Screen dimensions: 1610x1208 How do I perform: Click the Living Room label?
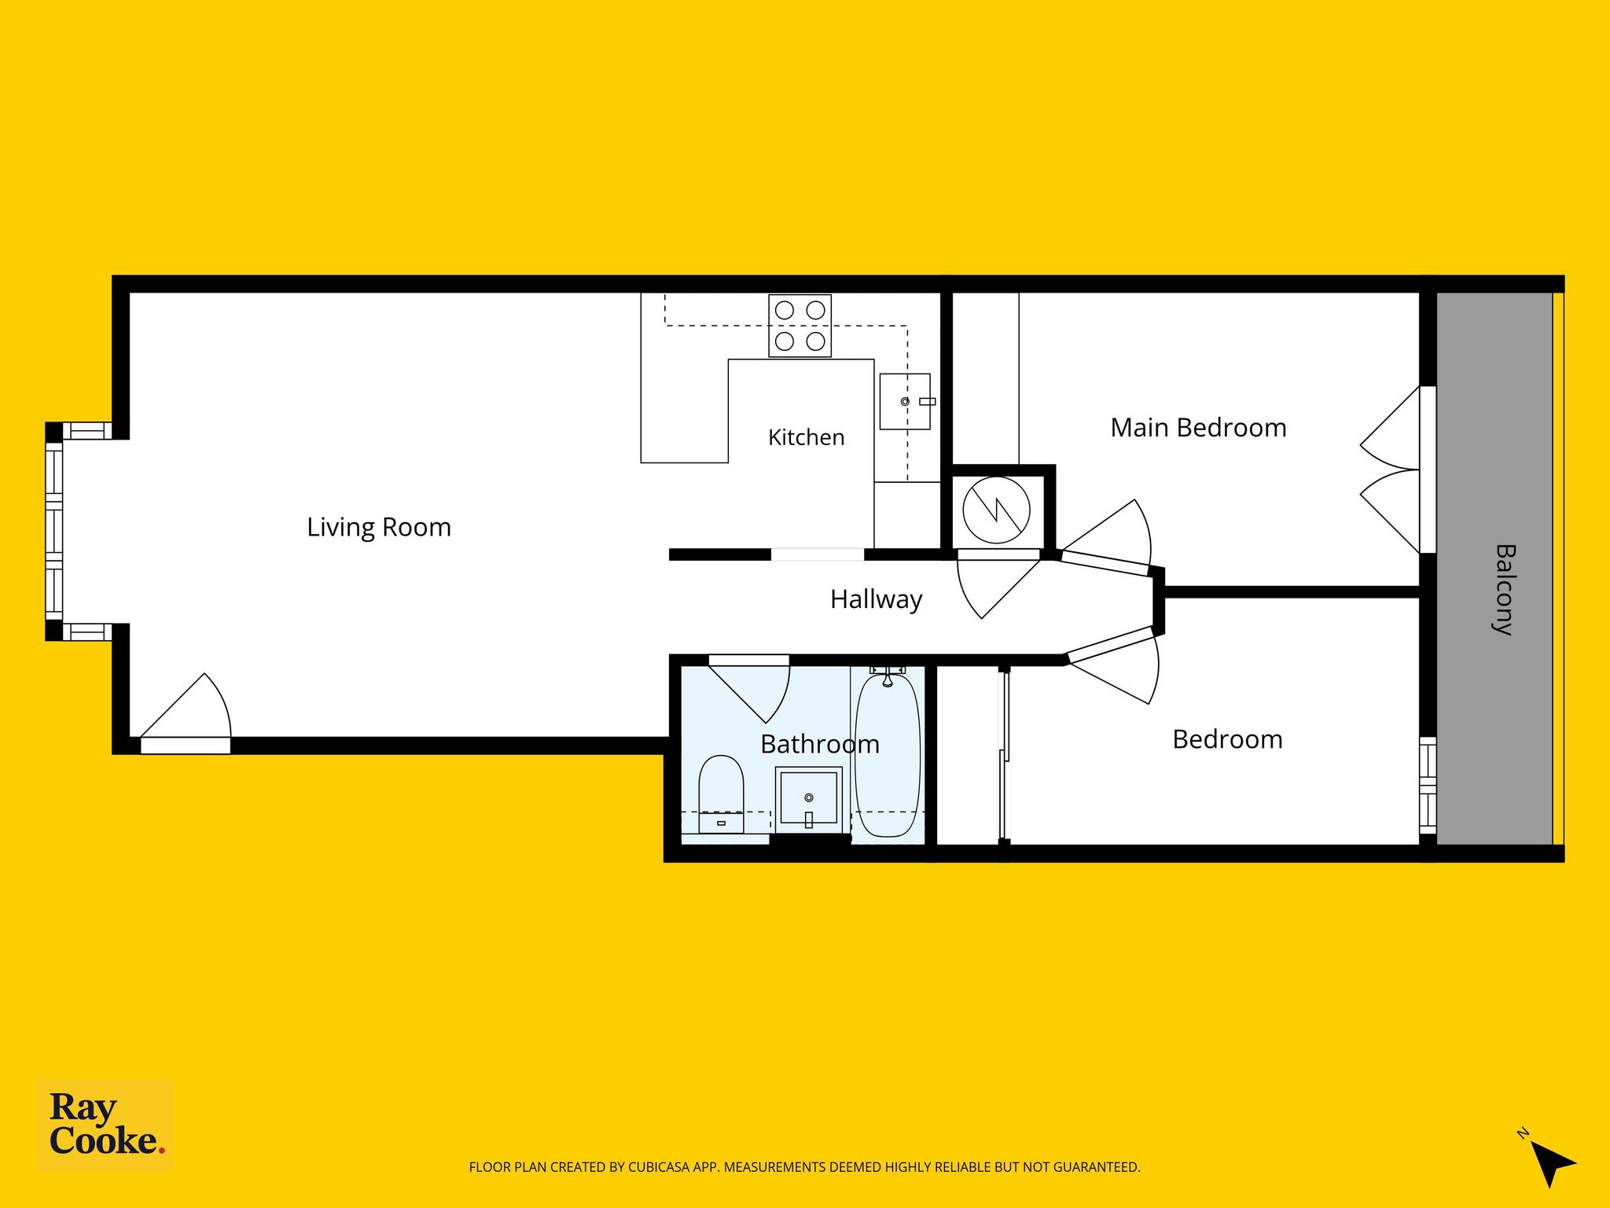tap(379, 527)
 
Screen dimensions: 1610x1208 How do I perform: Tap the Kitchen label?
tap(806, 437)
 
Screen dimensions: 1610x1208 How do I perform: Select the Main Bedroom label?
tap(1198, 428)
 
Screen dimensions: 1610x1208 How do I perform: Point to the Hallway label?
tap(876, 600)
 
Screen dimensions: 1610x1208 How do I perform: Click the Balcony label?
tap(1503, 589)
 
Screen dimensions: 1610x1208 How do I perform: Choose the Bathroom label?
tap(820, 744)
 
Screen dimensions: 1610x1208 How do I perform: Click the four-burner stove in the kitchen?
tap(799, 326)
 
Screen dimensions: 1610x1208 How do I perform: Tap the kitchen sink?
tap(905, 402)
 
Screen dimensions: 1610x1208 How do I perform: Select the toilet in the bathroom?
tap(721, 794)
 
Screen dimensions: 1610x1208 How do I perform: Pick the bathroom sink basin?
tap(808, 801)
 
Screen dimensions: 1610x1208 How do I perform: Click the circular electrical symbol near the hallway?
tap(996, 510)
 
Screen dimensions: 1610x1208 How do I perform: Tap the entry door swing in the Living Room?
tap(186, 712)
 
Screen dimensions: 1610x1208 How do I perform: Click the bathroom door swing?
tap(749, 689)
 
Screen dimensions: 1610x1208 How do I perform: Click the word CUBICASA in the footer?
tap(660, 1167)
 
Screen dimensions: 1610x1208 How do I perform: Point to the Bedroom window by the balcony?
tap(1428, 784)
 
